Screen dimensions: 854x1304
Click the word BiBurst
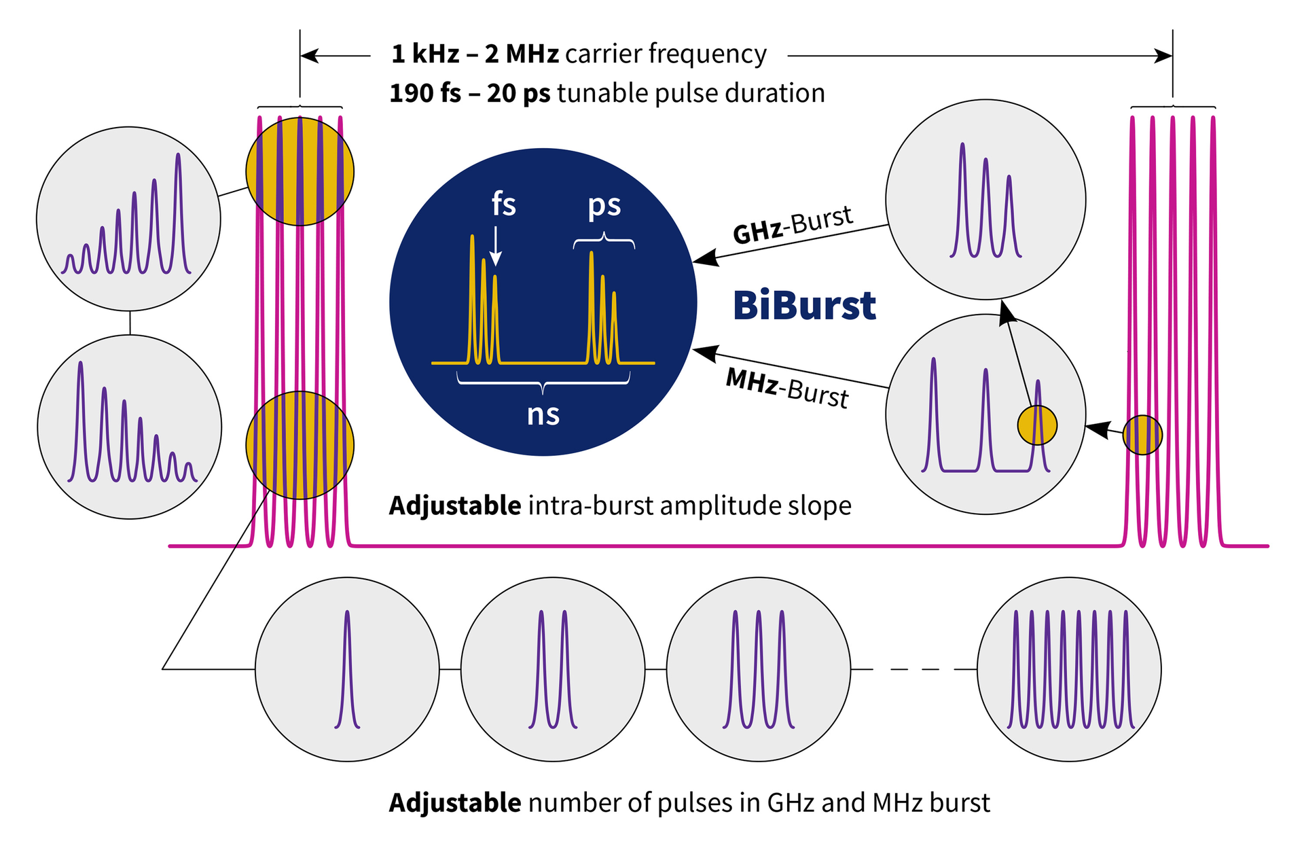point(805,306)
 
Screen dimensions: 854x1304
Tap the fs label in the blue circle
point(503,204)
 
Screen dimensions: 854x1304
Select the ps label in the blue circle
point(604,204)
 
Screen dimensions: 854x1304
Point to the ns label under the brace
point(543,414)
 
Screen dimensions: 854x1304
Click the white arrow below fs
point(496,245)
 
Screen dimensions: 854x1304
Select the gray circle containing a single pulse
point(347,669)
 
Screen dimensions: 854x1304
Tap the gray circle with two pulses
point(553,669)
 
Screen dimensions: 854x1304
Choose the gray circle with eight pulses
point(1069,669)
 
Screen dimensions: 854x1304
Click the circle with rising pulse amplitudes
point(128,219)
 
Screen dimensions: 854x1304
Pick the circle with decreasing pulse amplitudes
point(129,427)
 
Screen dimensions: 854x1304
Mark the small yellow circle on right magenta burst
point(1142,435)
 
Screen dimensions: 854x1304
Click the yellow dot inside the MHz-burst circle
point(1037,425)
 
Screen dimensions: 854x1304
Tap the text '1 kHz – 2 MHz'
point(475,54)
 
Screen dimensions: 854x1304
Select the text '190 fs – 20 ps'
point(469,93)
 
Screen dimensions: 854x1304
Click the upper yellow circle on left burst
point(300,171)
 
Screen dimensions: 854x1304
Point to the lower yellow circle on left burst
point(300,445)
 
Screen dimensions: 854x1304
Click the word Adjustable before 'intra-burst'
point(454,505)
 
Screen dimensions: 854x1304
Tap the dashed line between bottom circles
point(913,669)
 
